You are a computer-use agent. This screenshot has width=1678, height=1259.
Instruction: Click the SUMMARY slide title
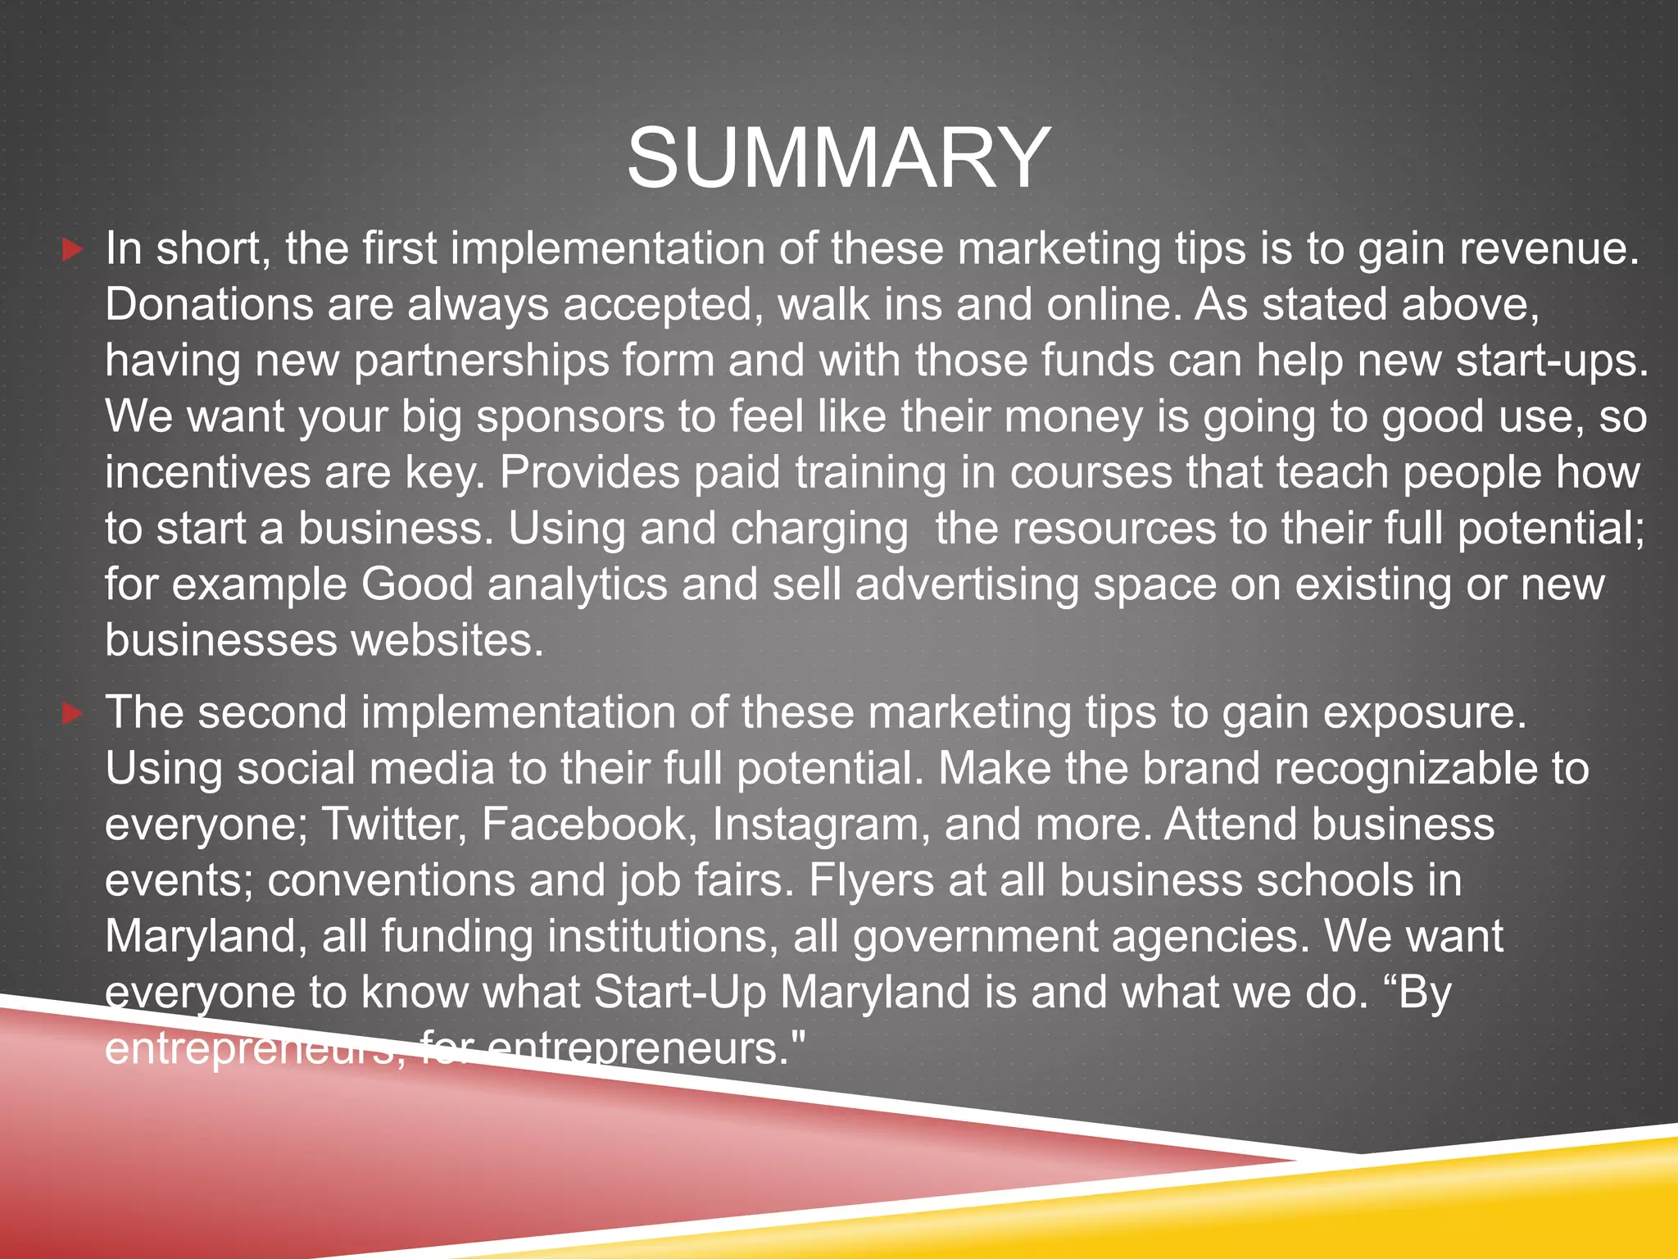838,157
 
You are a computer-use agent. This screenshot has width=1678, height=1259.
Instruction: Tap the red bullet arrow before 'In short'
73,249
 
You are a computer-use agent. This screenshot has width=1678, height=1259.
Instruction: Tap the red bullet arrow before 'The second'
73,713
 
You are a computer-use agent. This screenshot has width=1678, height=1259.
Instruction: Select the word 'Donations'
209,305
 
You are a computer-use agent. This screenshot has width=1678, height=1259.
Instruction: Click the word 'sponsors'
570,417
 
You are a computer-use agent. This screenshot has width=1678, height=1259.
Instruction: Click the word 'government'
974,937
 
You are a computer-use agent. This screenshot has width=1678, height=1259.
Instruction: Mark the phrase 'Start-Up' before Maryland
679,993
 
